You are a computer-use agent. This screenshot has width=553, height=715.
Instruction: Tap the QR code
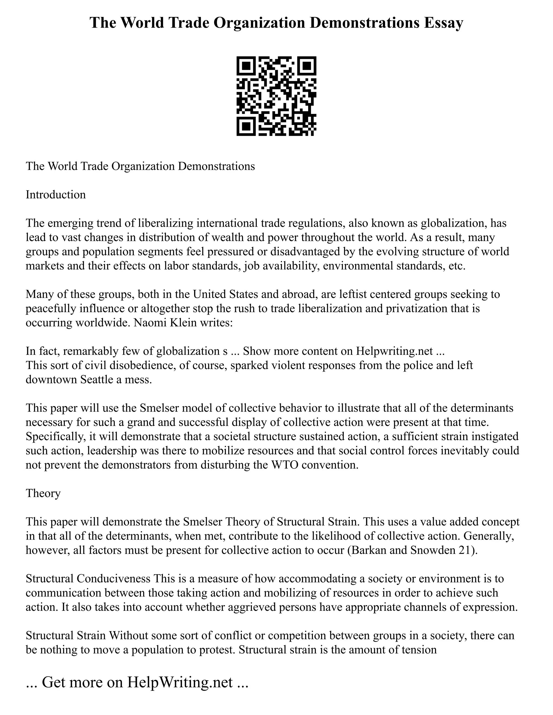(x=276, y=96)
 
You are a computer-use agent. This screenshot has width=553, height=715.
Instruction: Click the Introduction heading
(x=56, y=195)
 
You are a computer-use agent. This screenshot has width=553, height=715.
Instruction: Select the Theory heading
(x=43, y=493)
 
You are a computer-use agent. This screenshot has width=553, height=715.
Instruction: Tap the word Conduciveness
(x=113, y=578)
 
